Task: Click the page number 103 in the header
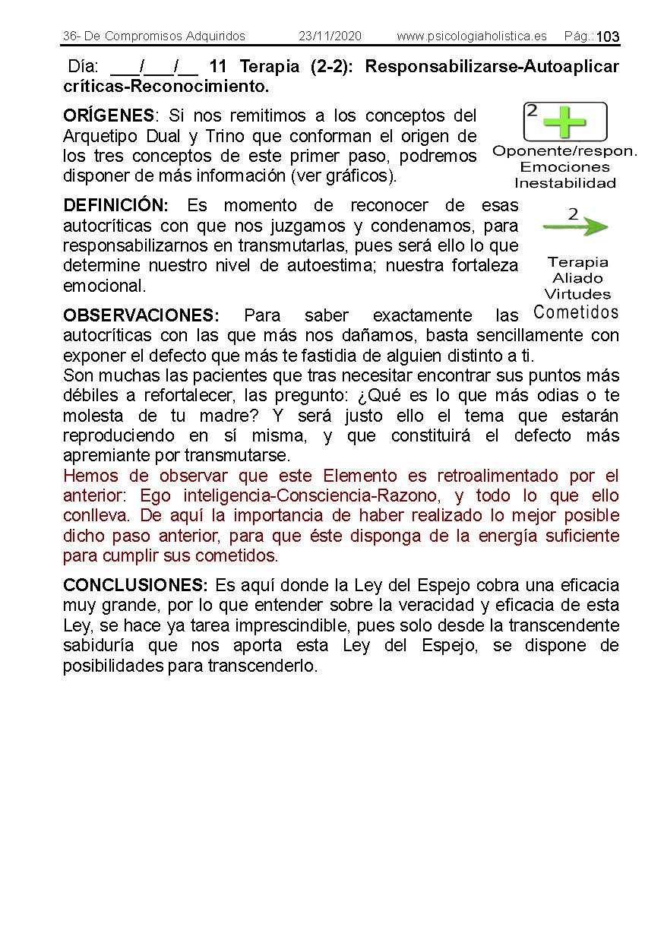coord(608,37)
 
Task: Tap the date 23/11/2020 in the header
coord(330,36)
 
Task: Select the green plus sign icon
coord(565,122)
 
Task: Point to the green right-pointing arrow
coord(576,226)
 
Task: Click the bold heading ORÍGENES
coord(108,116)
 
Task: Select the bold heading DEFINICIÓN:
coord(115,206)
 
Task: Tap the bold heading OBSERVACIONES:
coord(141,315)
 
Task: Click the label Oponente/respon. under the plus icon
coord(564,151)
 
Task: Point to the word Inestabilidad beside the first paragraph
coord(564,183)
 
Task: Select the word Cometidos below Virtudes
coord(576,312)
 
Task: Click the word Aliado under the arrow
coord(577,278)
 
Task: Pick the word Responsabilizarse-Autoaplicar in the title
coord(492,67)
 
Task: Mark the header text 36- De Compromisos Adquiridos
coord(154,36)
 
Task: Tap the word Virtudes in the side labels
coord(577,294)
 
